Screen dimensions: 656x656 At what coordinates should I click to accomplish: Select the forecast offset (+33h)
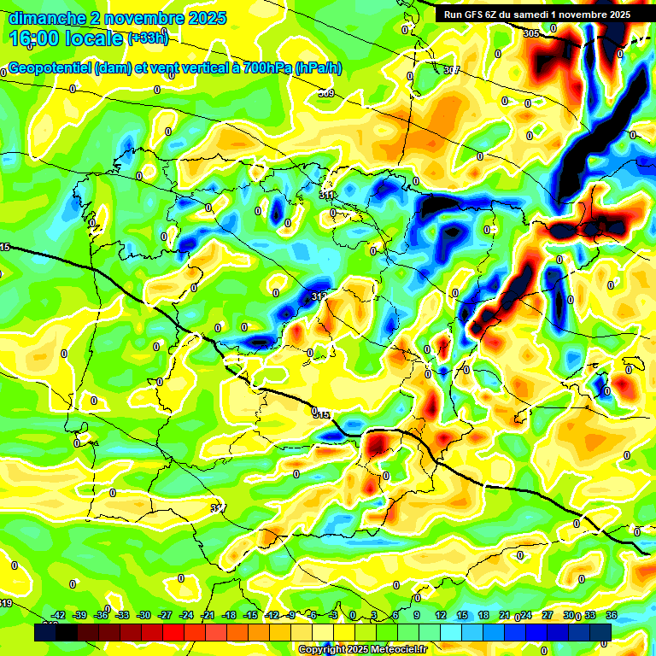click(148, 38)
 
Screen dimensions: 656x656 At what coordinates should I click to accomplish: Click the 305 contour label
click(531, 33)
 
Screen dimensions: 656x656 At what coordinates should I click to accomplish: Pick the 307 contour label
click(452, 70)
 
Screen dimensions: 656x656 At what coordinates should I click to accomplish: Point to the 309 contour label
click(326, 93)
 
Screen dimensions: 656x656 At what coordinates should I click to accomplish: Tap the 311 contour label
click(326, 196)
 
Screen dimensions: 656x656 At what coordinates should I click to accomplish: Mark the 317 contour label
click(218, 508)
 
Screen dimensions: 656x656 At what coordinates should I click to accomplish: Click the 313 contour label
click(319, 296)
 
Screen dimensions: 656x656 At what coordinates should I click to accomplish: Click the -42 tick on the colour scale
click(59, 615)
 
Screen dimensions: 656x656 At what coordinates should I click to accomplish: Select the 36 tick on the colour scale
click(611, 615)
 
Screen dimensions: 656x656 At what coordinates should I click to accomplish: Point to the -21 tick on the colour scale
click(208, 615)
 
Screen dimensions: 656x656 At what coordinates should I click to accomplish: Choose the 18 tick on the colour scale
click(483, 615)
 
